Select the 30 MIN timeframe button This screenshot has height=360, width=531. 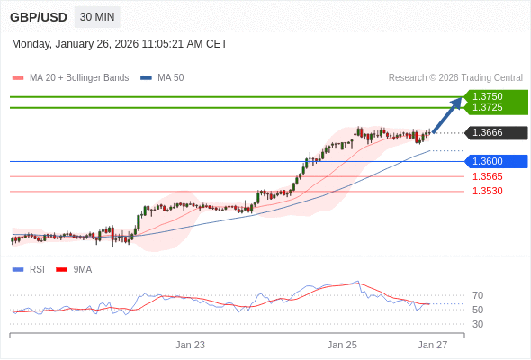click(x=97, y=17)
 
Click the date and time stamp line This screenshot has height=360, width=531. click(x=120, y=44)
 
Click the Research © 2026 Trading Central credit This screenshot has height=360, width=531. click(x=455, y=78)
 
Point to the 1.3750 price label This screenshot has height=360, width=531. click(x=487, y=96)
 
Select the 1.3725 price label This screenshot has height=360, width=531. click(x=487, y=108)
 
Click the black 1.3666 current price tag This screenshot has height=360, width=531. click(x=487, y=133)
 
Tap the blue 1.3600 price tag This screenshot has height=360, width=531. click(x=487, y=162)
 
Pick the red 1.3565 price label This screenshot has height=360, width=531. click(x=487, y=176)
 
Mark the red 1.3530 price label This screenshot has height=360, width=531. click(x=487, y=191)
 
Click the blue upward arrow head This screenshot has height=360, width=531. click(x=457, y=103)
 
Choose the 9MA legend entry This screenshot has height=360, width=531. click(x=82, y=269)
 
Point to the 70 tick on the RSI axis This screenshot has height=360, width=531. click(x=478, y=295)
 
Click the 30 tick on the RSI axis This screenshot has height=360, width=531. click(x=478, y=324)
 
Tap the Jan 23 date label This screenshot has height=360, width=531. click(x=190, y=345)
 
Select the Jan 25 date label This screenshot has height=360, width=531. click(x=342, y=345)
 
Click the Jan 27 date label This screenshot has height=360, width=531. click(x=432, y=345)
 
